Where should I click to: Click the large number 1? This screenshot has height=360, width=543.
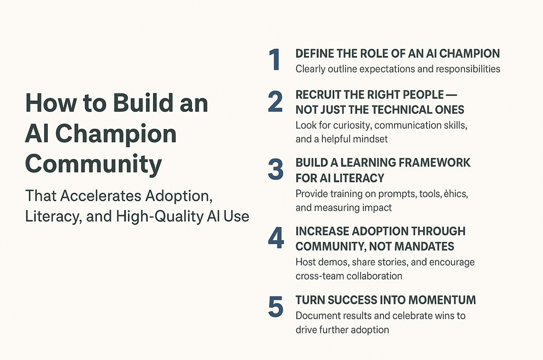point(275,60)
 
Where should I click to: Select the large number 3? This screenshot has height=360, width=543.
point(275,170)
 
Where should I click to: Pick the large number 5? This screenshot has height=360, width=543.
point(275,307)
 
